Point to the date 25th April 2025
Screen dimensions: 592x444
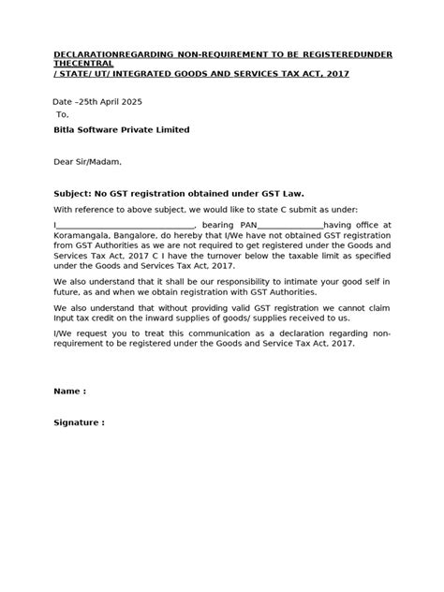tap(109, 100)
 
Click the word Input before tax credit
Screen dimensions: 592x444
tap(67, 318)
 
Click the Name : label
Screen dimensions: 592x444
tap(70, 390)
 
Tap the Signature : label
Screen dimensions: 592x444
tap(79, 422)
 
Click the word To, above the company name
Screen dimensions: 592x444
tap(64, 113)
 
